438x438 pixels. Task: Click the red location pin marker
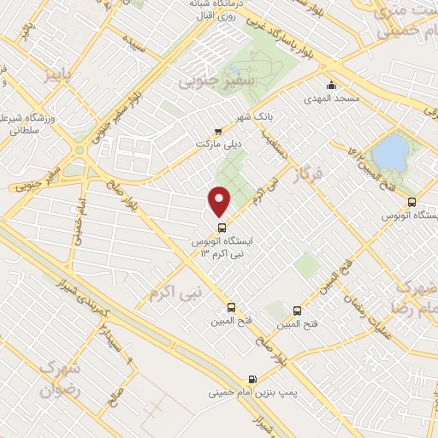coord(221,201)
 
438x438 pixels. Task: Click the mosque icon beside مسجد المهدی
coord(331,86)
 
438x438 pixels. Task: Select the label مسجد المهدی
coord(325,99)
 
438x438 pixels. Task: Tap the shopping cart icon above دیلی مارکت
coord(218,132)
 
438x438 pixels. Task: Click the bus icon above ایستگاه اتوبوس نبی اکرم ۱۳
coord(222,228)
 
